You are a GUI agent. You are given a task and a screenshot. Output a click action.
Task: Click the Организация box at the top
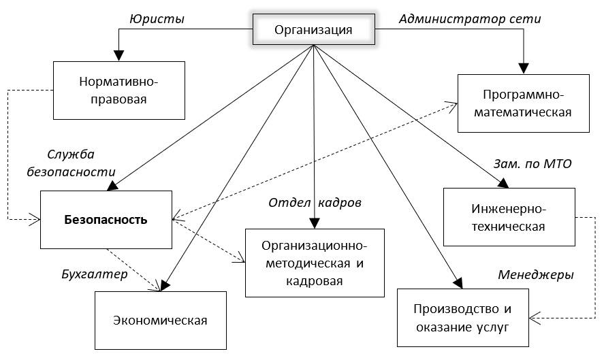(313, 29)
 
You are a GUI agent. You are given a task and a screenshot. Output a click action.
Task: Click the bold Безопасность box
(106, 220)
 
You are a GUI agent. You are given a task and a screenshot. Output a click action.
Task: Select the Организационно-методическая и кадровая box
(314, 263)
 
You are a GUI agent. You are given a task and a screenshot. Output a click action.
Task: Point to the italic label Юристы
(157, 18)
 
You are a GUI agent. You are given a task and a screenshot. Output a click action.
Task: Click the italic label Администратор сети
(469, 18)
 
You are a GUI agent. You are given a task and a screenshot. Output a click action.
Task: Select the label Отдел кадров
(315, 202)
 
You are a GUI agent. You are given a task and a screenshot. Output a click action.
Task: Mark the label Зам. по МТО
(532, 164)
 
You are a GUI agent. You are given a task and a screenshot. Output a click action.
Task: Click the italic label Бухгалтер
(94, 275)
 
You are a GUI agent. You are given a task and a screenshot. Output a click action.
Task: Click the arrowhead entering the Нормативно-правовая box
(119, 57)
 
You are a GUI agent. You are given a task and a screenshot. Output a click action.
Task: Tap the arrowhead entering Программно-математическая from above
(524, 69)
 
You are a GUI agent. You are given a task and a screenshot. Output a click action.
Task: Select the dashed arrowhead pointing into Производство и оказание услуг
(535, 317)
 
